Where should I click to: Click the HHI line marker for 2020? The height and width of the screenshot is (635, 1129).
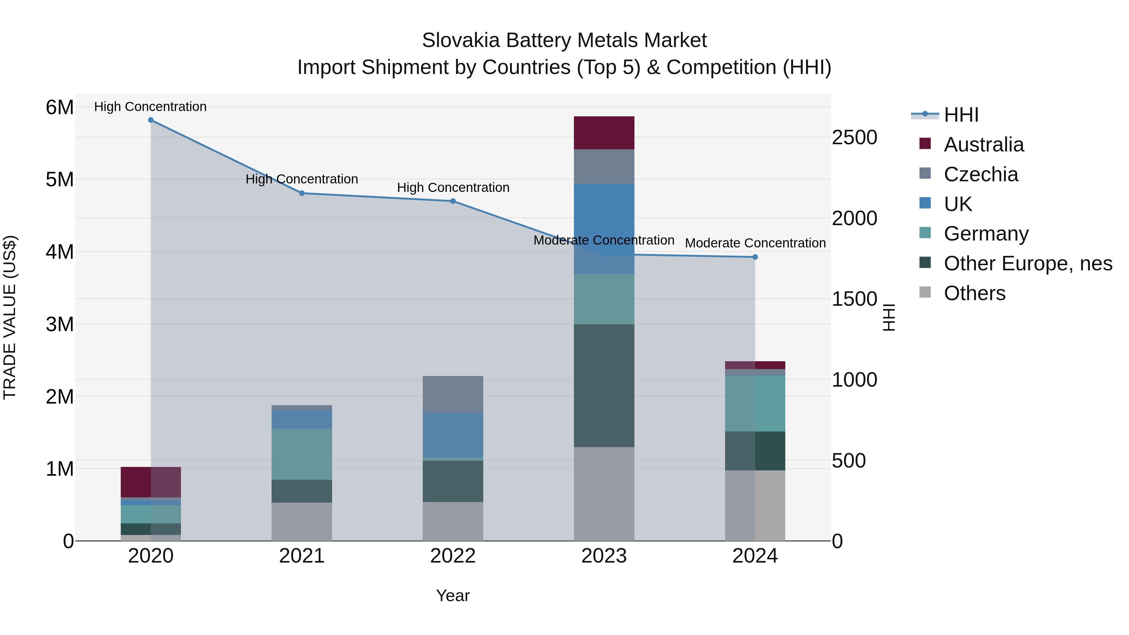pyautogui.click(x=151, y=120)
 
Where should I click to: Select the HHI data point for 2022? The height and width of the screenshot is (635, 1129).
pyautogui.click(x=453, y=201)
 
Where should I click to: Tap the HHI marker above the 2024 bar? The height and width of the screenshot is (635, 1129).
pyautogui.click(x=755, y=257)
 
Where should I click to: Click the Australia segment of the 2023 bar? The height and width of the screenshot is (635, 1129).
pyautogui.click(x=604, y=133)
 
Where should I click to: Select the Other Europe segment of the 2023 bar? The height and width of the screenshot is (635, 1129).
pyautogui.click(x=604, y=386)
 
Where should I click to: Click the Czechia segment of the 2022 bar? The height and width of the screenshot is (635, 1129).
pyautogui.click(x=453, y=394)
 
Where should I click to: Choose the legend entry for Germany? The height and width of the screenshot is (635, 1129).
pyautogui.click(x=986, y=234)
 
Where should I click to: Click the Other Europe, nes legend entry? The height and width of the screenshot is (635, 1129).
pyautogui.click(x=1027, y=263)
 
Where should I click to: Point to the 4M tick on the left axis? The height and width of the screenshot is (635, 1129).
pyautogui.click(x=60, y=252)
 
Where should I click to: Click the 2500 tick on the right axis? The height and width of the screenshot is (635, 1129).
pyautogui.click(x=854, y=138)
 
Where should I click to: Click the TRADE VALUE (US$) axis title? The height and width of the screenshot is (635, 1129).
pyautogui.click(x=10, y=317)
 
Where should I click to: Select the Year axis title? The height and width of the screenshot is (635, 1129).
pyautogui.click(x=453, y=595)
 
